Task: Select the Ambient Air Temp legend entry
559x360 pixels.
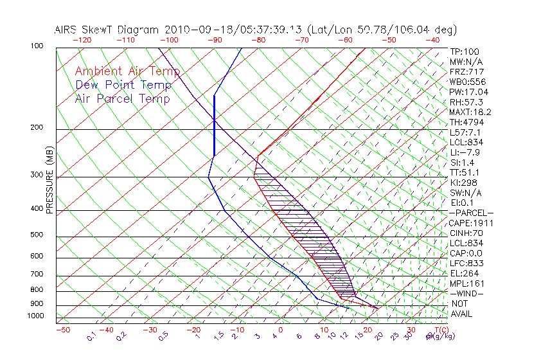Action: tap(127, 71)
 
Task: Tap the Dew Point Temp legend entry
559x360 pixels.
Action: tap(123, 85)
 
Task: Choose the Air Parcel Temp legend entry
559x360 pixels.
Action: tap(122, 98)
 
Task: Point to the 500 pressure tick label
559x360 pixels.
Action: tap(37, 235)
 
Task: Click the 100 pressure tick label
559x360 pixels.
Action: tap(37, 46)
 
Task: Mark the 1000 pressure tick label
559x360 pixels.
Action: tap(35, 316)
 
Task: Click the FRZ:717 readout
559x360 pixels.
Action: tap(466, 72)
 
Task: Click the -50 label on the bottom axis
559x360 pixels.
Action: tap(62, 330)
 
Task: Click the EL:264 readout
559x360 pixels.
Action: tap(464, 273)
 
